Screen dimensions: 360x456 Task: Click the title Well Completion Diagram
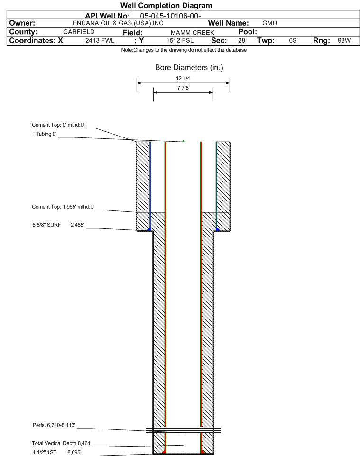[166, 6]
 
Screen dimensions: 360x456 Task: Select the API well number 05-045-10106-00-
[171, 16]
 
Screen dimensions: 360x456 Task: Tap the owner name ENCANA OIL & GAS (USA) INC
[118, 23]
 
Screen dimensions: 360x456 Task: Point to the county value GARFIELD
[79, 32]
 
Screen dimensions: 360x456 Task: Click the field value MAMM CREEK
[193, 33]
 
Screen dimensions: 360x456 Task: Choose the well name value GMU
[269, 23]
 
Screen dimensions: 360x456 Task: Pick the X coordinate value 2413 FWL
[100, 40]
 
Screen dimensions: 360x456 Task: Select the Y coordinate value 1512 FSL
[180, 40]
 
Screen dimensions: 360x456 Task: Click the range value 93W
[344, 40]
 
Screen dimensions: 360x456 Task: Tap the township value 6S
[293, 40]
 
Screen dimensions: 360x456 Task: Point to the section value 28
[241, 40]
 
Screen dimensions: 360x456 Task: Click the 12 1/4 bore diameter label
[183, 78]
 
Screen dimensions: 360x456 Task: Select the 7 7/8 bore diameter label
[183, 88]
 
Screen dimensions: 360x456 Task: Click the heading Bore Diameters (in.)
[189, 68]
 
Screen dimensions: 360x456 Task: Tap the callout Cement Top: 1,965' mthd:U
[63, 207]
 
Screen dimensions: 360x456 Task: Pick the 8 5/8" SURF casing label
[46, 225]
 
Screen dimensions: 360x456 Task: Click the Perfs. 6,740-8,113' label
[54, 425]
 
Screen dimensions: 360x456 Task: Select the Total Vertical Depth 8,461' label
[62, 443]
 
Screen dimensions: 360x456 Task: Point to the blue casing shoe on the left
[149, 229]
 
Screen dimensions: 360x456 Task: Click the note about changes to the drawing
[184, 50]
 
